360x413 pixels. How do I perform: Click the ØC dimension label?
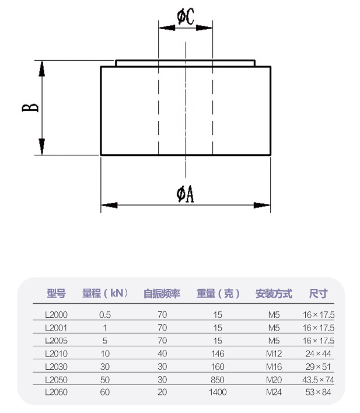(186, 17)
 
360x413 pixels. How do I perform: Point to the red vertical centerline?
(186, 117)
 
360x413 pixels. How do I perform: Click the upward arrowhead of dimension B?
(41, 68)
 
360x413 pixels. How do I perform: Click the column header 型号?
(56, 293)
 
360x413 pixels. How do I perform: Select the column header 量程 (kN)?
(105, 293)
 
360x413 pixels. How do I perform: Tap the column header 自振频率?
(162, 293)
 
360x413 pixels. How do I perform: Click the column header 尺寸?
(318, 293)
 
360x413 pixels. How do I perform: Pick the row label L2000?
(56, 314)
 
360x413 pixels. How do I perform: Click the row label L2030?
(56, 366)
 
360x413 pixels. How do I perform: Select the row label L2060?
(56, 392)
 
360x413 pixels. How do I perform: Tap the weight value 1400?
(218, 392)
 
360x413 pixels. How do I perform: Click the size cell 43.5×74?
(318, 379)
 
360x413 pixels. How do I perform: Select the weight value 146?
(218, 353)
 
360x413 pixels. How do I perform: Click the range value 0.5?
(105, 314)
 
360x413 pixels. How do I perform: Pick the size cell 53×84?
(318, 392)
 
